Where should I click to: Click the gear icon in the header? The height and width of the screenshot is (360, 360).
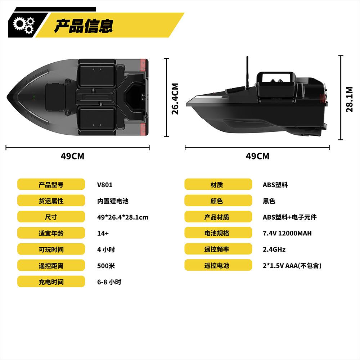[23, 24]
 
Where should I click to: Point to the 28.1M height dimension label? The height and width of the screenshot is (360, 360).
[349, 99]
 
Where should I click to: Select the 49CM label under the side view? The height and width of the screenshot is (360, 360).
[257, 156]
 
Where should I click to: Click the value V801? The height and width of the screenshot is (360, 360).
[105, 185]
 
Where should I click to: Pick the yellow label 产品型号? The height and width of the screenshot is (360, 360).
[51, 185]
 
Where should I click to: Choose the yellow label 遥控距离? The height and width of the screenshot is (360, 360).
[51, 266]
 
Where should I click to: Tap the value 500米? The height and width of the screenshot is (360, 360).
[106, 266]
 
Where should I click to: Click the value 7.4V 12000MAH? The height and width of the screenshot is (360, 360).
[287, 233]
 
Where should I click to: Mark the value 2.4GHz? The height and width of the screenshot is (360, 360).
[274, 249]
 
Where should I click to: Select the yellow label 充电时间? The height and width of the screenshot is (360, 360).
[51, 282]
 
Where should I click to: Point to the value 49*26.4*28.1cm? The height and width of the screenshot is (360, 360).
[122, 217]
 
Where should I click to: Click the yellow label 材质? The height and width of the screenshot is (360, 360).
[218, 185]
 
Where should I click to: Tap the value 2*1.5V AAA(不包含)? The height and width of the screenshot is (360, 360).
[292, 266]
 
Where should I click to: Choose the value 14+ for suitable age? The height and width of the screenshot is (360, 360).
[103, 233]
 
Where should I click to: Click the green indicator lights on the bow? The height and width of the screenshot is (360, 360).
[33, 97]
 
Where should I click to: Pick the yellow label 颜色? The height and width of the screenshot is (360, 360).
[218, 201]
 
